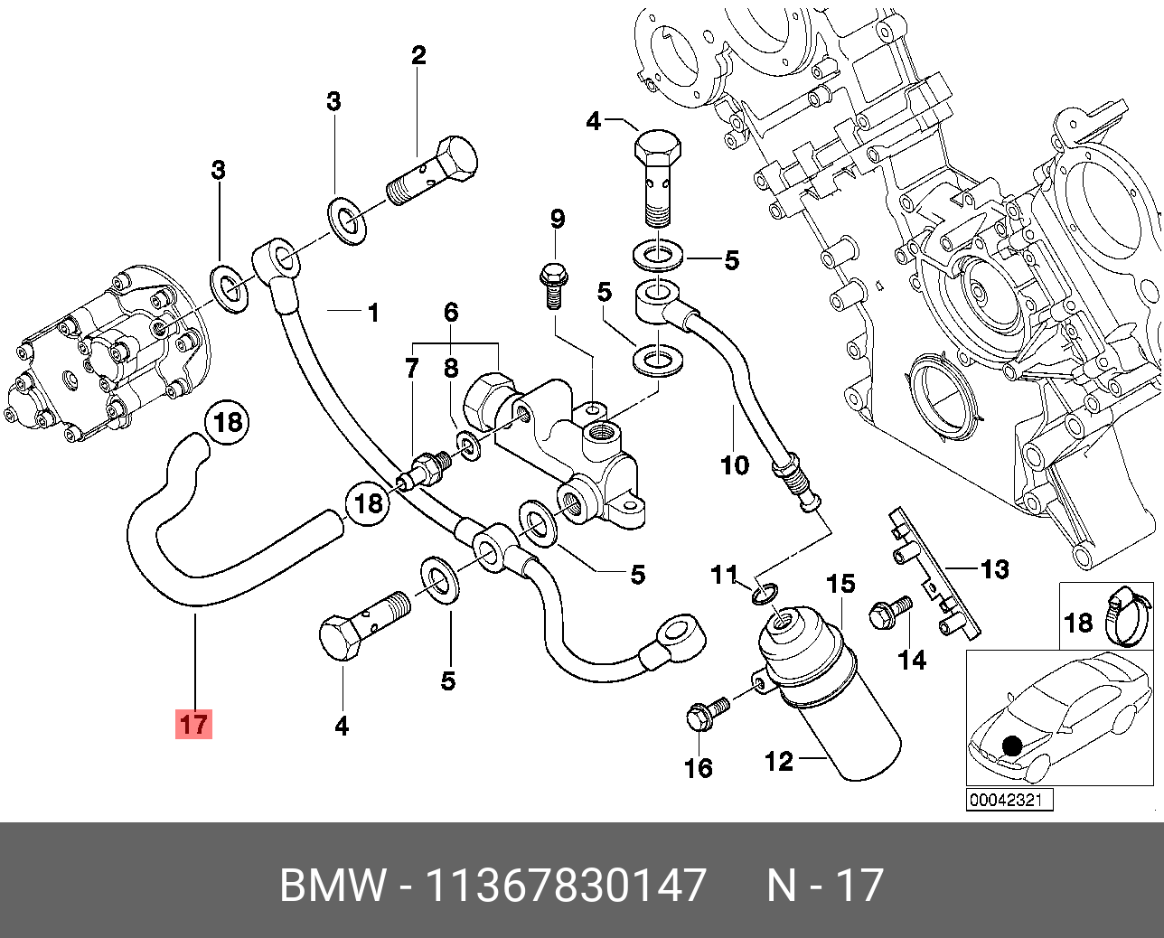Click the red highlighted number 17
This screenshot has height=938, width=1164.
tap(194, 724)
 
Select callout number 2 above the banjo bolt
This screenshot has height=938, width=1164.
tap(418, 56)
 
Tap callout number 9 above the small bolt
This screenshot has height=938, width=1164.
tap(558, 218)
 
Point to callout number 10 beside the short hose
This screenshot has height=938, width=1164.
tap(735, 465)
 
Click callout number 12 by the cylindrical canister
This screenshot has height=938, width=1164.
tap(778, 761)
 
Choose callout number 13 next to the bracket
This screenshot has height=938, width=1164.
tap(994, 569)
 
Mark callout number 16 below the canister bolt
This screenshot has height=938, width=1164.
tap(699, 768)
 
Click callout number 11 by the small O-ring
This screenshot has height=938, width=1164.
tap(725, 574)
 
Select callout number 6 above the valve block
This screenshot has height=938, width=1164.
tap(451, 313)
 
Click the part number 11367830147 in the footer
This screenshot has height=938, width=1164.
tap(565, 885)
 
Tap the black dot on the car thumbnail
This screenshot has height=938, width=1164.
tap(1012, 746)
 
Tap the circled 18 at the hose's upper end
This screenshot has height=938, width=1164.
tap(229, 422)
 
